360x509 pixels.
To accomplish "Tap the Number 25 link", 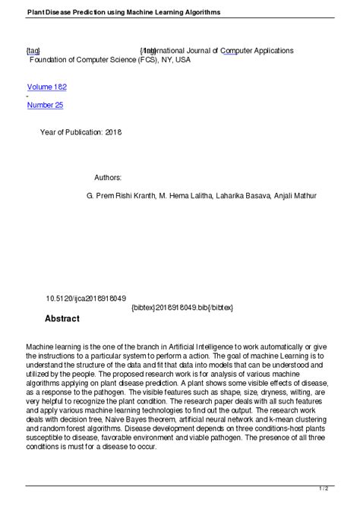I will [x=45, y=106].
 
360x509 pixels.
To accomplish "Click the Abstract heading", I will [x=62, y=318].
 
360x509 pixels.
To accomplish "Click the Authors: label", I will [x=108, y=177].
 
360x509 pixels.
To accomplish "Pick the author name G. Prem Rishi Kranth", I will [x=121, y=195].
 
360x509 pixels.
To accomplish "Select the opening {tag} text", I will [x=33, y=50].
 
